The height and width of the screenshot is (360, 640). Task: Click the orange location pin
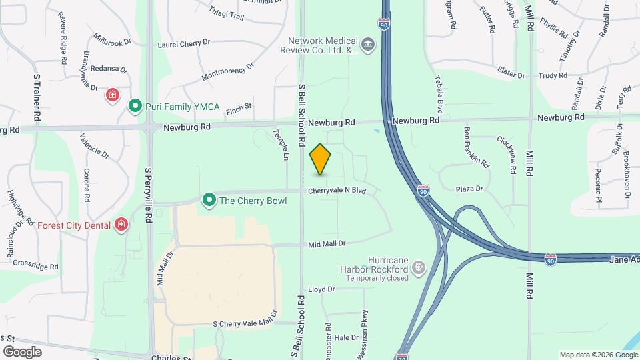[x=321, y=159]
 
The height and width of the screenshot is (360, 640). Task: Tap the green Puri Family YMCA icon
[x=135, y=106]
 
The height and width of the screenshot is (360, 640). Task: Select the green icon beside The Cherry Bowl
[x=209, y=200]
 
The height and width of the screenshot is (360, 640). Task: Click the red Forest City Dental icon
[x=121, y=225]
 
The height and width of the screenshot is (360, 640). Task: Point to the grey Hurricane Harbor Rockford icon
[x=418, y=268]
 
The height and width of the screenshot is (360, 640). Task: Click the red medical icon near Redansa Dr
[x=112, y=95]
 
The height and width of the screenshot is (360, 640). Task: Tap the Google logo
[x=22, y=351]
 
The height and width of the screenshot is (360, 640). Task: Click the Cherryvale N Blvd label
[x=338, y=191]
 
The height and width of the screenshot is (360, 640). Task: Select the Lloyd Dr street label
[x=321, y=289]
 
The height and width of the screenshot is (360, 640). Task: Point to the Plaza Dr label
[x=469, y=189]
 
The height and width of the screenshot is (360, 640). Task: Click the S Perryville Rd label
[x=149, y=194]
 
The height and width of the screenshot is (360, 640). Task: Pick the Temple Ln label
[x=282, y=145]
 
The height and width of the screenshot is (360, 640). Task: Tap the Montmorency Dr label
[x=228, y=73]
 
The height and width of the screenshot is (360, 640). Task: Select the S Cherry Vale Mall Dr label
[x=244, y=323]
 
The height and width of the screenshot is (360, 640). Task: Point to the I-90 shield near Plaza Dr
[x=424, y=191]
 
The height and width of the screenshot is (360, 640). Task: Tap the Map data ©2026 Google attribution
[x=597, y=355]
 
